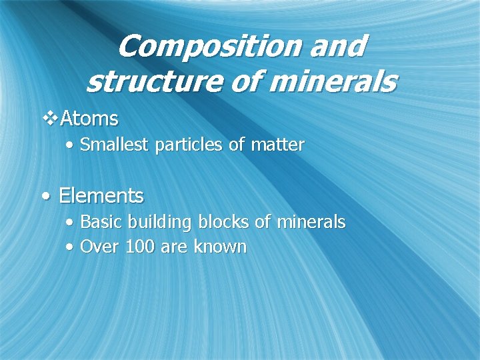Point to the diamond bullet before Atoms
pyautogui.click(x=50, y=119)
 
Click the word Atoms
pyautogui.click(x=89, y=119)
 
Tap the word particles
pyautogui.click(x=189, y=145)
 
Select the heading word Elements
pyautogui.click(x=101, y=196)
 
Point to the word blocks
pyautogui.click(x=224, y=222)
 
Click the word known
pyautogui.click(x=220, y=247)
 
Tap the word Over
pyautogui.click(x=98, y=247)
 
